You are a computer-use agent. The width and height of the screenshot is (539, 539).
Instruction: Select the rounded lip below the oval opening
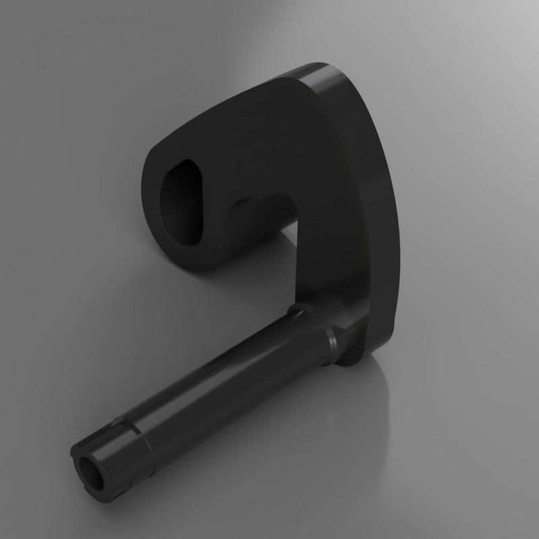[195, 259]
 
